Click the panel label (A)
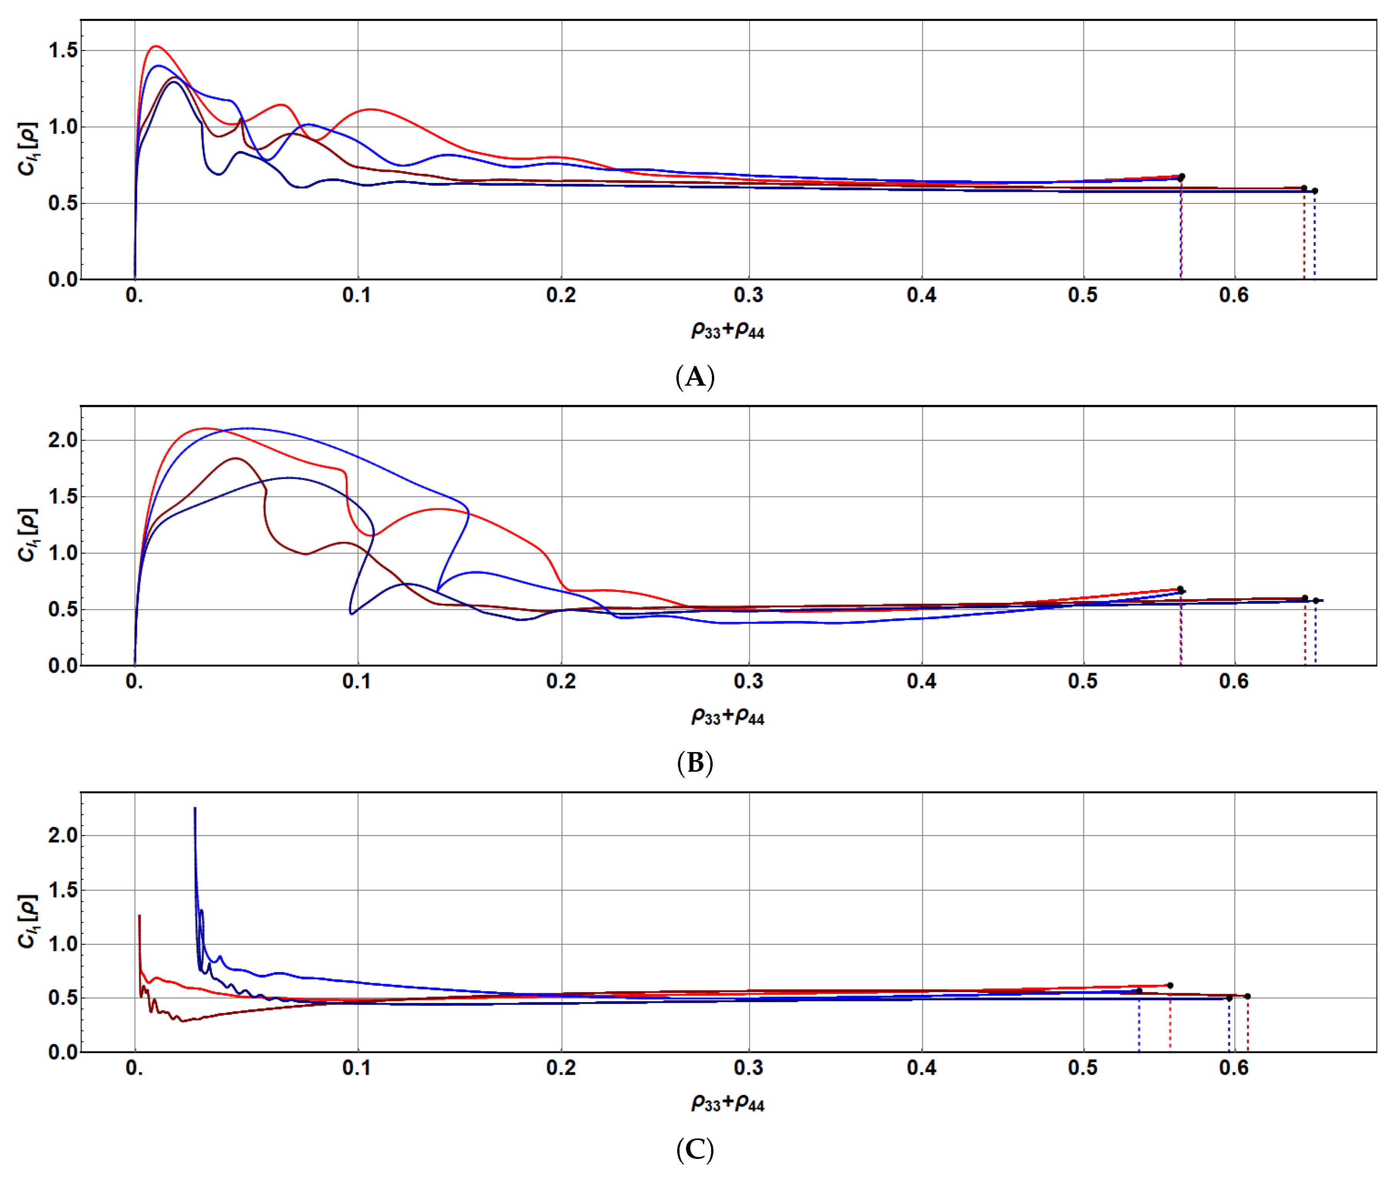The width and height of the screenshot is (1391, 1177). [x=695, y=377]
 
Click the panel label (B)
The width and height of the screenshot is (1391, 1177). [x=695, y=763]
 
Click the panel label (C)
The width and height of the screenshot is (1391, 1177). [x=695, y=1149]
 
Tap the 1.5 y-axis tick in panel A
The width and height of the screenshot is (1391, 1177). [x=63, y=51]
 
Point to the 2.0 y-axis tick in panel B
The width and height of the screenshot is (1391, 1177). [x=63, y=440]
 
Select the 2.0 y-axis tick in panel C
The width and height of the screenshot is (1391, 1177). [x=63, y=835]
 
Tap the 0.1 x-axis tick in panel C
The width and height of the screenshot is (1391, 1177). [x=357, y=1068]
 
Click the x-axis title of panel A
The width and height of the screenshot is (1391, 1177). [x=728, y=330]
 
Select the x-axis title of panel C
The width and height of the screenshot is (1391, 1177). [x=728, y=1103]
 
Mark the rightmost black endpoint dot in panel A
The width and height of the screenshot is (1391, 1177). [x=1315, y=191]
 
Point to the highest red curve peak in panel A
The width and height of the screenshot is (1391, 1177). [x=156, y=46]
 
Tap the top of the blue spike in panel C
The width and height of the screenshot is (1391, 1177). [x=195, y=809]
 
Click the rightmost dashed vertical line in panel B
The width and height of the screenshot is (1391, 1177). [x=1315, y=634]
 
